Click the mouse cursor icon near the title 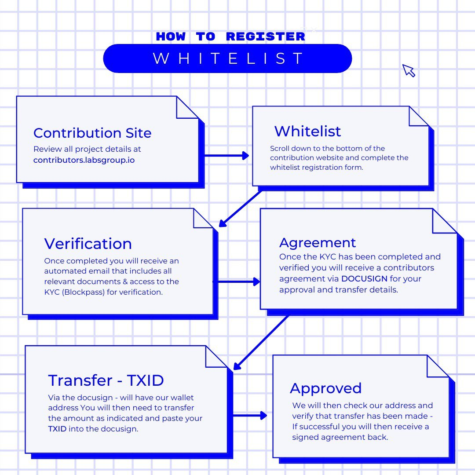point(408,70)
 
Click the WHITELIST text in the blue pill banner point(228,58)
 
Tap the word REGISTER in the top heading point(265,37)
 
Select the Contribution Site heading point(92,133)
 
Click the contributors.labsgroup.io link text point(84,160)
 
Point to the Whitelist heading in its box point(307,131)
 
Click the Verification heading point(88,244)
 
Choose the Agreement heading point(318,243)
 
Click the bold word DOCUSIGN point(364,279)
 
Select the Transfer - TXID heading point(106,380)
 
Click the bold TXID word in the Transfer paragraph point(57,429)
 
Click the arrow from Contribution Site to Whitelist point(227,156)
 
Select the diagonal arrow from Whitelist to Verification point(240,209)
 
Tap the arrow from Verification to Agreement point(237,282)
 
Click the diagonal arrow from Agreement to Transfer point(261,343)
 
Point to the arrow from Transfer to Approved point(250,415)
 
